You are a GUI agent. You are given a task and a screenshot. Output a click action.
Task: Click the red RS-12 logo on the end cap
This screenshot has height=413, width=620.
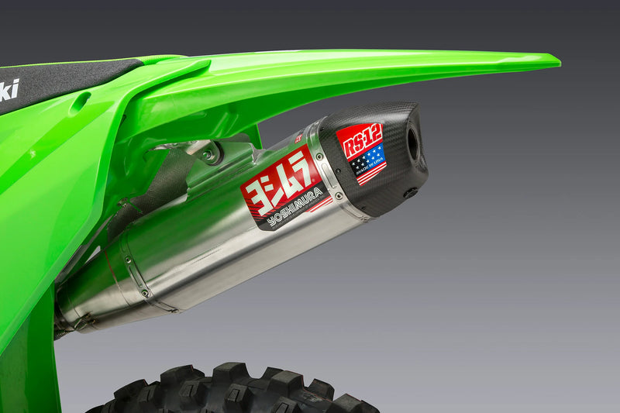(x=359, y=139)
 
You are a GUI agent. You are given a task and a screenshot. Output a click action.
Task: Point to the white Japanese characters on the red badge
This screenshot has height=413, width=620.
(x=278, y=183)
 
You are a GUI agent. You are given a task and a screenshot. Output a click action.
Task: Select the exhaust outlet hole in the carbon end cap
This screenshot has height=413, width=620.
(x=412, y=144)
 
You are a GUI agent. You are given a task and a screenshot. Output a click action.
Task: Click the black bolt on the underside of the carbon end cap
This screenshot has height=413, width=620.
(x=410, y=192)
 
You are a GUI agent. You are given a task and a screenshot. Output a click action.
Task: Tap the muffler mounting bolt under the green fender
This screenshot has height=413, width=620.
(x=208, y=154)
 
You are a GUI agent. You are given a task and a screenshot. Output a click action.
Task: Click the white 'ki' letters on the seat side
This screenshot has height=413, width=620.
(x=9, y=90)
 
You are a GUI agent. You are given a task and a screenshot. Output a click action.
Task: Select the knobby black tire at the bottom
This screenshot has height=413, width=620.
(x=232, y=391)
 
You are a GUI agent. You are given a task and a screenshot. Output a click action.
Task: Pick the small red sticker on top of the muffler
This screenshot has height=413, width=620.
(x=299, y=138)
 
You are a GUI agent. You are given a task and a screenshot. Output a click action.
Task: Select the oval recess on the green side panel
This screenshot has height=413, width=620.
(x=78, y=103)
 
